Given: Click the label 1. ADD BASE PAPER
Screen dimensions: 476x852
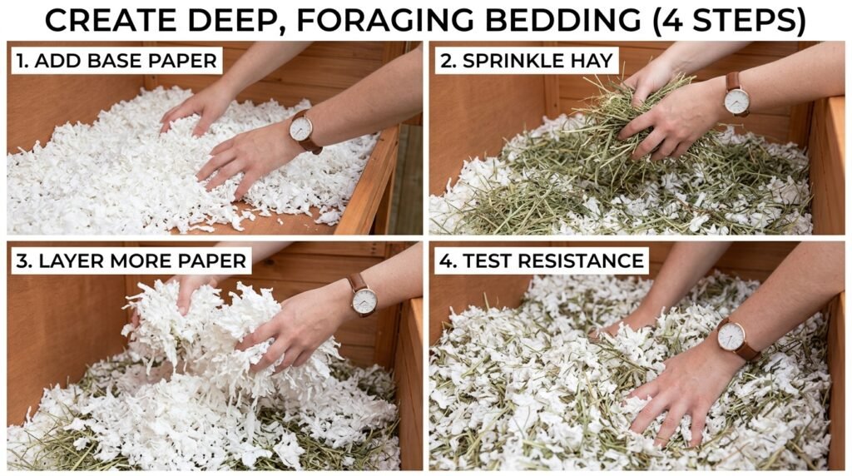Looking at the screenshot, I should [x=116, y=61].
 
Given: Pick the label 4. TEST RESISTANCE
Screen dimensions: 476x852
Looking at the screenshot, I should [x=542, y=260].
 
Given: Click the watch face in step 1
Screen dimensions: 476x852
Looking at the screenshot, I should [x=301, y=128].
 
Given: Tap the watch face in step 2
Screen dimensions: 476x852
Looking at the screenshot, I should [x=736, y=101].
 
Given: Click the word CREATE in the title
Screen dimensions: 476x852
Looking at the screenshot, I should [x=111, y=19].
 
